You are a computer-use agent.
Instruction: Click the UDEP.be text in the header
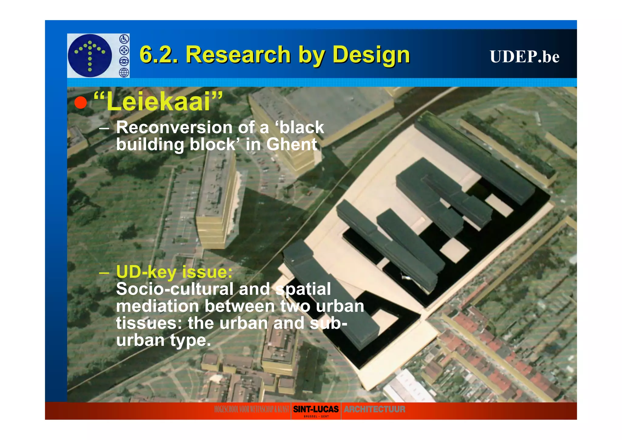[524, 57]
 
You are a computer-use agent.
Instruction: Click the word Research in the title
[238, 55]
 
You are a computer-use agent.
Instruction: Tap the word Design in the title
[371, 55]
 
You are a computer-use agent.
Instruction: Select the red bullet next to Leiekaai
[81, 102]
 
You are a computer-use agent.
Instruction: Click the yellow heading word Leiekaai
[158, 102]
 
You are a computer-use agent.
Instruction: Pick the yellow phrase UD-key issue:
[174, 272]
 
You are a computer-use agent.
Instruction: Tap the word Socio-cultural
[174, 289]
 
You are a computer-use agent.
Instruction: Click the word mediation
[157, 306]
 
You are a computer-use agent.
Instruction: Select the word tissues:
[149, 323]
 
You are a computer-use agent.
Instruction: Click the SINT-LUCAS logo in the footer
[316, 409]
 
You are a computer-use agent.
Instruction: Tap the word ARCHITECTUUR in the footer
[374, 409]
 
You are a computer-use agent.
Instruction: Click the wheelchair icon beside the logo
[124, 39]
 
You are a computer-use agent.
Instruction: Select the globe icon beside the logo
[124, 73]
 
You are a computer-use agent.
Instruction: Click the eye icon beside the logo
[124, 61]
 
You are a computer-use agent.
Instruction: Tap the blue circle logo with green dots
[90, 55]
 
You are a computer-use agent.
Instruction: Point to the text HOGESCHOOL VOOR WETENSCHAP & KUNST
[251, 409]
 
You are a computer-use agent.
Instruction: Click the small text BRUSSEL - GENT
[316, 417]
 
